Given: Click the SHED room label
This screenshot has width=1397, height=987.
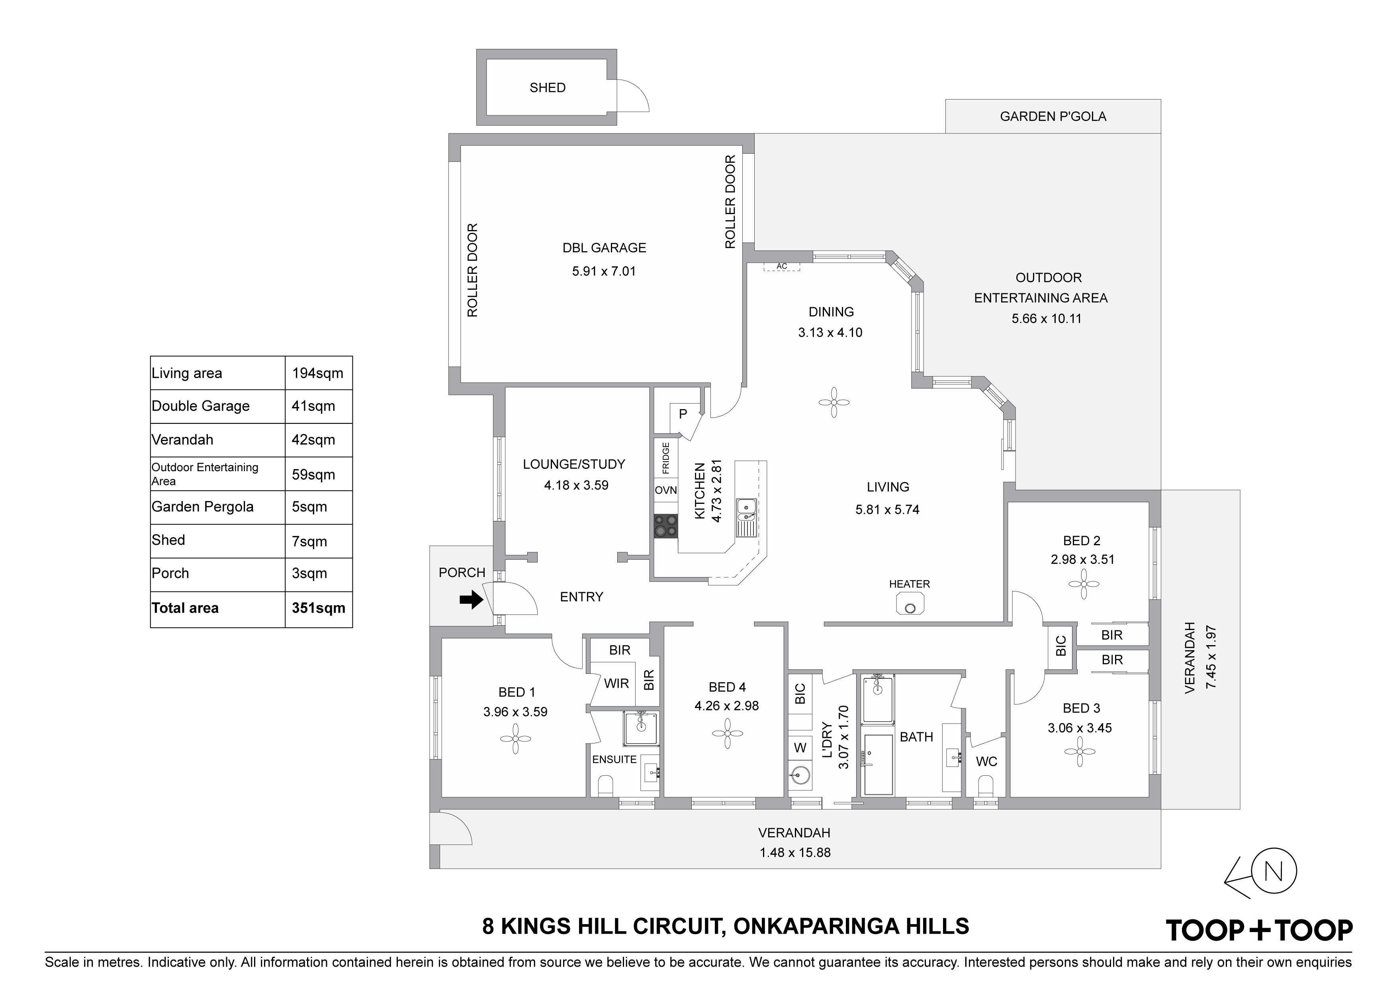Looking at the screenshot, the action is click(548, 88).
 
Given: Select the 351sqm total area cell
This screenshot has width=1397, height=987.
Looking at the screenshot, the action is click(318, 608).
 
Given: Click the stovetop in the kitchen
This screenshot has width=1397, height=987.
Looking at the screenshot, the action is click(665, 526).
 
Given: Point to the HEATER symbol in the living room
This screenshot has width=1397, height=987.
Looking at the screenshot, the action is click(910, 605).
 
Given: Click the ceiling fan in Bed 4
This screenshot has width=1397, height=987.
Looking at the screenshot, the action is click(728, 734).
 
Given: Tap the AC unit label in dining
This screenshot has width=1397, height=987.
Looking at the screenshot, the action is click(782, 266).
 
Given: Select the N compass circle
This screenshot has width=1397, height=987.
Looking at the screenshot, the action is click(1274, 872).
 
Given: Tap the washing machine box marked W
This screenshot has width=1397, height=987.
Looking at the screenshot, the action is click(800, 747).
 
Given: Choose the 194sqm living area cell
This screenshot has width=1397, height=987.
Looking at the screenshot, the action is click(318, 373).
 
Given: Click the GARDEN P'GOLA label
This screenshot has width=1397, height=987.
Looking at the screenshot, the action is click(1053, 116).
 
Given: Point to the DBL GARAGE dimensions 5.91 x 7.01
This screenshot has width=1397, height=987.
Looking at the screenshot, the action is click(604, 271).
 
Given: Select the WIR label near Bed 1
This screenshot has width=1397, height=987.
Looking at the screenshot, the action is click(616, 684).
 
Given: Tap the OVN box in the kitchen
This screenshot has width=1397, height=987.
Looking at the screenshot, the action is click(665, 490).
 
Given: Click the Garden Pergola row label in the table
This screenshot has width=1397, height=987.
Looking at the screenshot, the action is click(203, 507).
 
